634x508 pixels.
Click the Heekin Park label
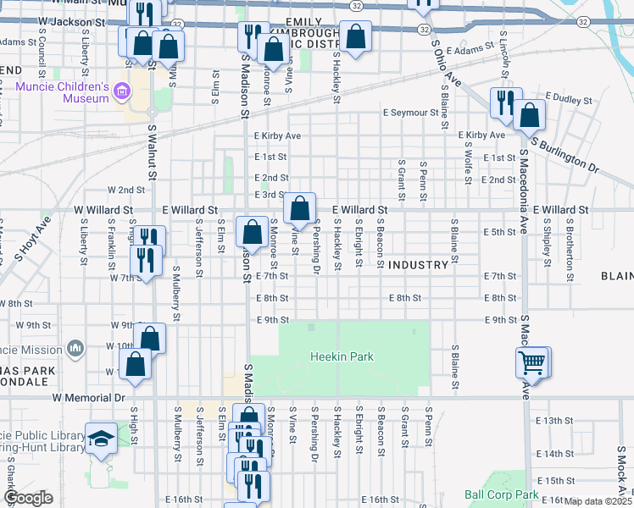pyautogui.click(x=342, y=357)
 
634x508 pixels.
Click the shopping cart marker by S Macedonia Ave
pyautogui.click(x=531, y=363)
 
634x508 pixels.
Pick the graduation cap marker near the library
pyautogui.click(x=101, y=439)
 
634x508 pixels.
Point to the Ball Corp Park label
pyautogui.click(x=501, y=494)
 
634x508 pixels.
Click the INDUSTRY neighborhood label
pyautogui.click(x=418, y=265)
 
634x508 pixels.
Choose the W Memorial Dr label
pyautogui.click(x=88, y=396)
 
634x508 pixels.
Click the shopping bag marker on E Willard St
pyautogui.click(x=299, y=207)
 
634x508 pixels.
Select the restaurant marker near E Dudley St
pyautogui.click(x=506, y=102)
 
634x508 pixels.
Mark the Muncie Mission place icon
pyautogui.click(x=76, y=348)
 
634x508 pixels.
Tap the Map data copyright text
pyautogui.click(x=598, y=501)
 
